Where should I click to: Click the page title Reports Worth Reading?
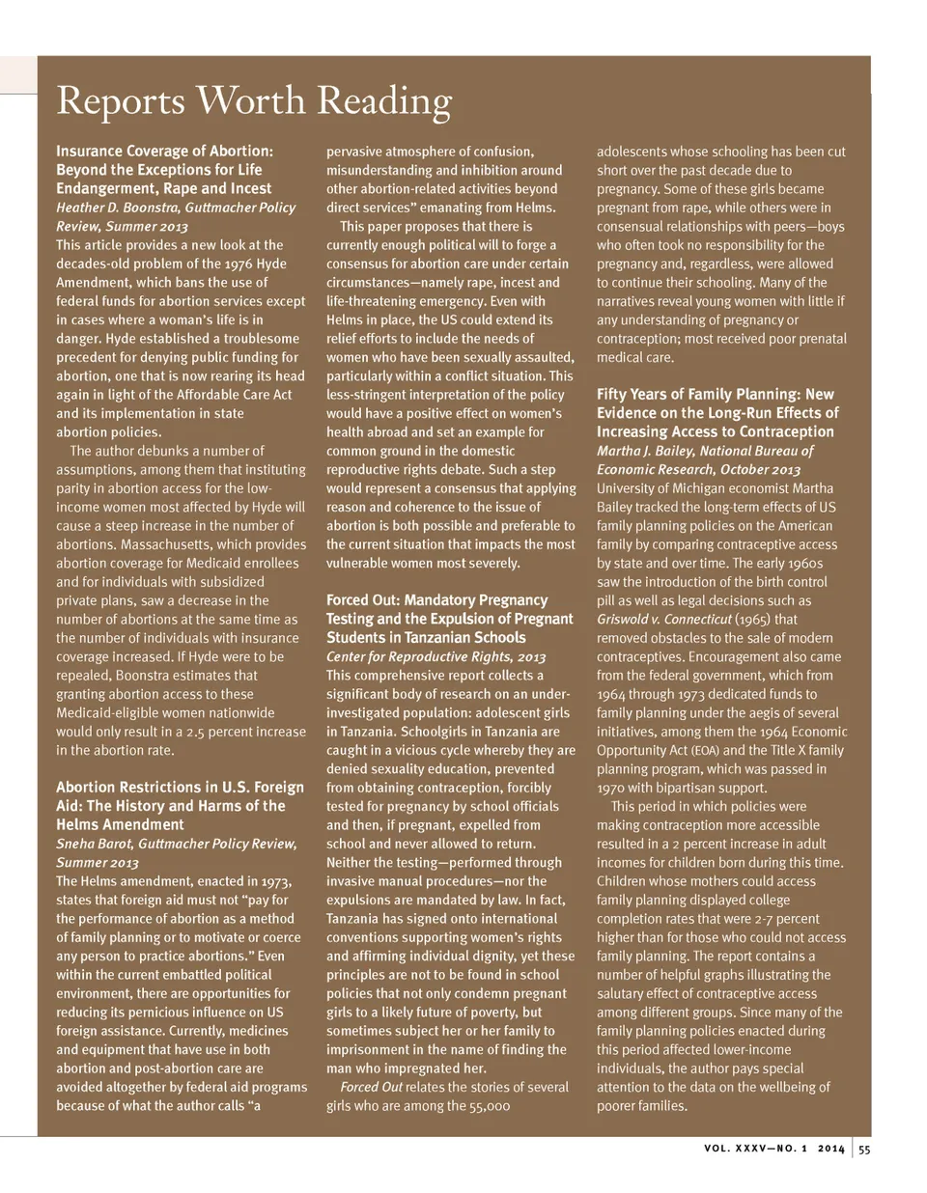tap(254, 101)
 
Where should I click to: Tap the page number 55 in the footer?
tap(864, 1149)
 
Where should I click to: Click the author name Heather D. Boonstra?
tap(120, 208)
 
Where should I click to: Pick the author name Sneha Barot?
tap(94, 844)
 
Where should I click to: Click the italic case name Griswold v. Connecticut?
tap(664, 620)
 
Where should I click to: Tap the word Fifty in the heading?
tap(614, 394)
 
